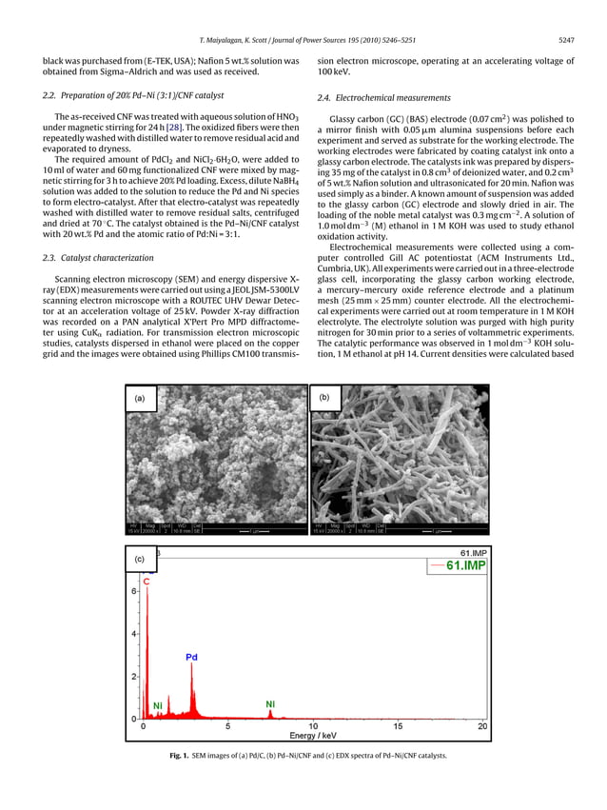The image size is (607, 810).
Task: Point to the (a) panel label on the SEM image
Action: tap(141, 400)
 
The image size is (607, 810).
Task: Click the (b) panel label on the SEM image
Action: tap(325, 400)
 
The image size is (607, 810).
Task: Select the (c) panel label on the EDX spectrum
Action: tap(141, 560)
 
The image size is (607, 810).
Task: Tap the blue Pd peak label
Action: tap(191, 657)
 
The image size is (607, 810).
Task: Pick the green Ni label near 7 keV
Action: tap(270, 704)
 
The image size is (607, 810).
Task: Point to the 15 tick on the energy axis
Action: tap(398, 726)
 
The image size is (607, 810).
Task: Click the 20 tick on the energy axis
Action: tap(482, 726)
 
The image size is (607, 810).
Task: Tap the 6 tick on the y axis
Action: tap(134, 591)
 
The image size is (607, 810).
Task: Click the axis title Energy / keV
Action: tap(313, 736)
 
